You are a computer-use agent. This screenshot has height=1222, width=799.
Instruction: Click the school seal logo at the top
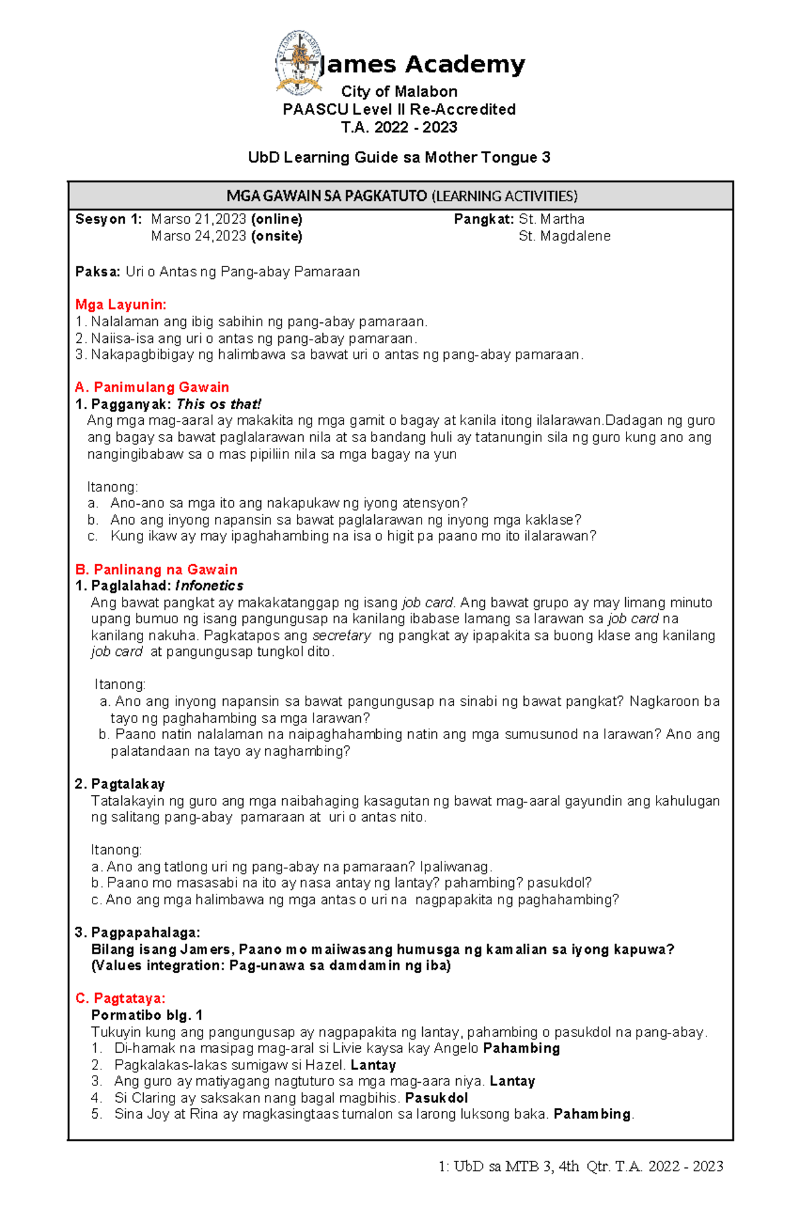click(x=299, y=62)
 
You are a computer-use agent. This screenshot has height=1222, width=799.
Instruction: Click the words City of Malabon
click(x=399, y=92)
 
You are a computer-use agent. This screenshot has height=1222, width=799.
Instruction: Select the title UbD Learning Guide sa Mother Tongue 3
click(x=399, y=158)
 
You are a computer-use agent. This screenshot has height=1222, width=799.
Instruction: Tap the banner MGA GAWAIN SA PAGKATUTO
click(x=401, y=196)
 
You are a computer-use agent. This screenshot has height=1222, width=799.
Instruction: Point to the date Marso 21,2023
click(x=199, y=219)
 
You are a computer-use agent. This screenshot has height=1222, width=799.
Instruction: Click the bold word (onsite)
click(x=276, y=236)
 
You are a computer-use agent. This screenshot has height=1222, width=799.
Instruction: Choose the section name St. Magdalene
click(x=564, y=236)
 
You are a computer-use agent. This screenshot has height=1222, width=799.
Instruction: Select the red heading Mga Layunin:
click(x=121, y=305)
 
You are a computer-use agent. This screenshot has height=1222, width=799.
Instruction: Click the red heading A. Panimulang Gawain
click(x=152, y=388)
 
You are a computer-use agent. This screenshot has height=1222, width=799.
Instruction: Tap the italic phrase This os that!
click(x=218, y=404)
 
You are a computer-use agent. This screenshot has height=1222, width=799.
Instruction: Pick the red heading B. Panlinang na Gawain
click(x=156, y=569)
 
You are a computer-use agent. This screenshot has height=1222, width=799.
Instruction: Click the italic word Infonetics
click(x=209, y=586)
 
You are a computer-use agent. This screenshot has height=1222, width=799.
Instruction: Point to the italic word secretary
click(x=342, y=635)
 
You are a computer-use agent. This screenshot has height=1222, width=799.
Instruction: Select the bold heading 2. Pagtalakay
click(x=120, y=784)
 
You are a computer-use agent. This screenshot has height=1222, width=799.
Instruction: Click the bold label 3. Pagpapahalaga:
click(x=137, y=932)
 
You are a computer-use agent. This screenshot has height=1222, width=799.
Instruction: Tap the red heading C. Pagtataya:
click(x=120, y=998)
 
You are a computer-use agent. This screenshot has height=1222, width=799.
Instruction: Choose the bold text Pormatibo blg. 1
click(x=146, y=1015)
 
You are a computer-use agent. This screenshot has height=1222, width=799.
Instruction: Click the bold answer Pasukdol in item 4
click(x=436, y=1097)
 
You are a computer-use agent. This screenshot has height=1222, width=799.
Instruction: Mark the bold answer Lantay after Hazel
click(x=373, y=1065)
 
